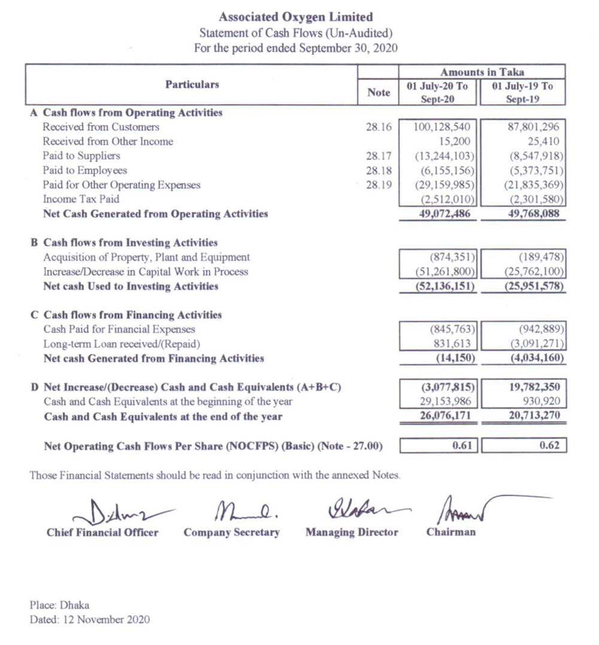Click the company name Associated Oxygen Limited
tap(296, 17)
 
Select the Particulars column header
tap(192, 85)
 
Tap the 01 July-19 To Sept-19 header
tap(522, 93)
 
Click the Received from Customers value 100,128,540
tap(443, 127)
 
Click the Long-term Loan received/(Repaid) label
tap(122, 344)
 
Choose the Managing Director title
tap(352, 532)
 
